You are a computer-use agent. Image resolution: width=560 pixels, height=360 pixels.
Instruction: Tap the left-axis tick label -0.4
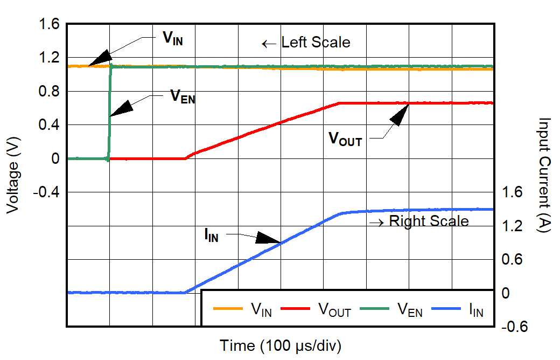tap(46, 192)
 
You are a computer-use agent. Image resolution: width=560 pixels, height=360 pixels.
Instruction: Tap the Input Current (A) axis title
tap(544, 176)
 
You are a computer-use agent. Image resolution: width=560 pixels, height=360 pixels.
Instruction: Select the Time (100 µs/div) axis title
tap(280, 345)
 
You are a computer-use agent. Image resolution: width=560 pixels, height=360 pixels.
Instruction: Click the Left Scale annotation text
tap(316, 43)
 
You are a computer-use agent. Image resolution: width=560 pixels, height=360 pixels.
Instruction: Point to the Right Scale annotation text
tap(429, 221)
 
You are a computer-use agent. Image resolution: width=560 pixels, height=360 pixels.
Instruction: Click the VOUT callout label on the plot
tap(345, 139)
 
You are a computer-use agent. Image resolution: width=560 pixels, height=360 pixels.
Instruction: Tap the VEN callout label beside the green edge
tap(183, 97)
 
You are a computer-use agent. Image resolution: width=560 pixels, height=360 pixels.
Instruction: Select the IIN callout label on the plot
tap(211, 235)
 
